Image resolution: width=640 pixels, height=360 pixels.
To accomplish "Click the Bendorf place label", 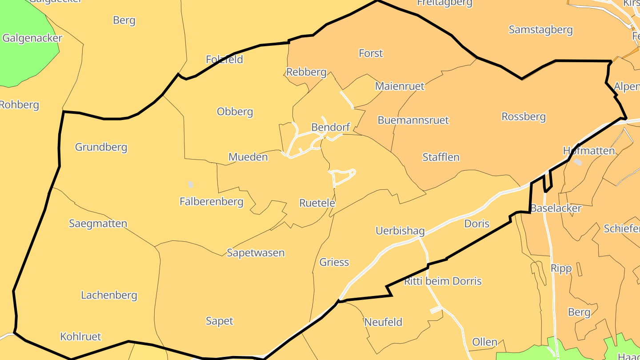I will coord(331,128).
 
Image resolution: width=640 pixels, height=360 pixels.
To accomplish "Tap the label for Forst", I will coord(371,53).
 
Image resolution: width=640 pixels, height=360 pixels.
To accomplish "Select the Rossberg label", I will coord(524,116).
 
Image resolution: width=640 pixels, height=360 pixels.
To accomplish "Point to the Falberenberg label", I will coord(212,202).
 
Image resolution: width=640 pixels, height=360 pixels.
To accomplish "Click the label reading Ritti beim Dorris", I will coord(443,281).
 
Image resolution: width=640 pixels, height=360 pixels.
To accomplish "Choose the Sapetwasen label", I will coord(256,253).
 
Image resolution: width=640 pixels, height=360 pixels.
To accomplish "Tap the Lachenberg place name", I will coord(109,295).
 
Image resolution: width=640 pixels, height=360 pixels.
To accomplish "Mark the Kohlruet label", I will coord(81,336).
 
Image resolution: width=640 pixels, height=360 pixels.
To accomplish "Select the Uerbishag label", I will coord(400,231).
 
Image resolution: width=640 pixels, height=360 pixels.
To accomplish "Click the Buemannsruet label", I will coord(413,120).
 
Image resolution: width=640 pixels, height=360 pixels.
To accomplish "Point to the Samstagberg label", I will coord(540,30).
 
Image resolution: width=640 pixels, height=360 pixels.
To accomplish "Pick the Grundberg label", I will coord(101,147).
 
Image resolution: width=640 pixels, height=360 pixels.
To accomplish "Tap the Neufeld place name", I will coord(383,322).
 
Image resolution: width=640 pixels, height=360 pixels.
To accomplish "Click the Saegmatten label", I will coord(98,224).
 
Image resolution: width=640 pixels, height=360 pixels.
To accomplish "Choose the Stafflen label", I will coord(441,157).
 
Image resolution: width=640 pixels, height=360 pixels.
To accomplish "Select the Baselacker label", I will coord(556,208).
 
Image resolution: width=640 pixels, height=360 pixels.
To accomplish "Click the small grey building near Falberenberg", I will coord(191,184).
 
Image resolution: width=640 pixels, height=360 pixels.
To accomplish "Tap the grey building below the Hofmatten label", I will coord(578,162).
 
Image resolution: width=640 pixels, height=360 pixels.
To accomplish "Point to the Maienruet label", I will coord(400,86).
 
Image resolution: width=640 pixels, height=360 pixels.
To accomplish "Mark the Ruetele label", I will coord(317,203).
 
